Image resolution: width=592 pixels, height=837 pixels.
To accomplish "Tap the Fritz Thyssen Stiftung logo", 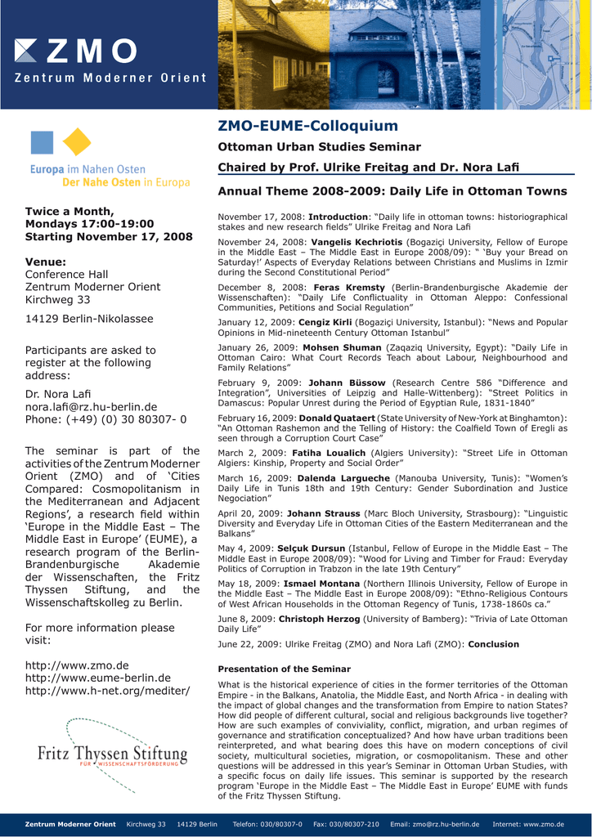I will click(x=113, y=754).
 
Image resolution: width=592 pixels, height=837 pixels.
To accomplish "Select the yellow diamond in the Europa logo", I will click(x=77, y=141).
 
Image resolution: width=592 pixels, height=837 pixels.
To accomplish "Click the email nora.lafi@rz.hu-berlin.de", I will click(x=91, y=406).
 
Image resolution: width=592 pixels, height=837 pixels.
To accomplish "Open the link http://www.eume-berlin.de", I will click(x=98, y=678).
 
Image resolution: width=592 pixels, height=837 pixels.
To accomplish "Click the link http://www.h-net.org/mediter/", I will click(x=107, y=691).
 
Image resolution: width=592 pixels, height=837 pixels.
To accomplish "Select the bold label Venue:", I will click(x=46, y=262).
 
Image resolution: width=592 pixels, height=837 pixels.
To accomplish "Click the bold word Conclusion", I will click(x=493, y=644).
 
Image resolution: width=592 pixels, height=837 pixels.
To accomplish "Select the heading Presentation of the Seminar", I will click(x=284, y=669).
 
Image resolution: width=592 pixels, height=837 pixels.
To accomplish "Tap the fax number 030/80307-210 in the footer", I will click(x=345, y=824).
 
